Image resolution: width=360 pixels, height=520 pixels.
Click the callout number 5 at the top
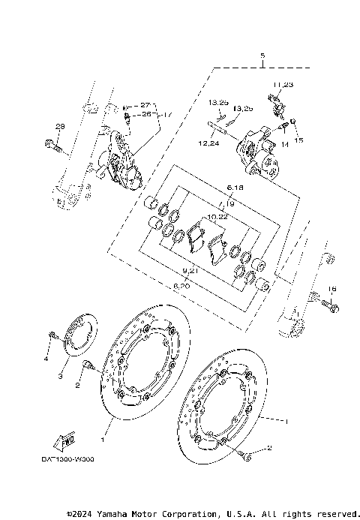tap(262, 56)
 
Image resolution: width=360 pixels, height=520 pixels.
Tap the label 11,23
tap(283, 84)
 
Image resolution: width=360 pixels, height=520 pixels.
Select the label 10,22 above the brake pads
tap(217, 216)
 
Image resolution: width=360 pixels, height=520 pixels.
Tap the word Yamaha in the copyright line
tap(118, 514)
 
